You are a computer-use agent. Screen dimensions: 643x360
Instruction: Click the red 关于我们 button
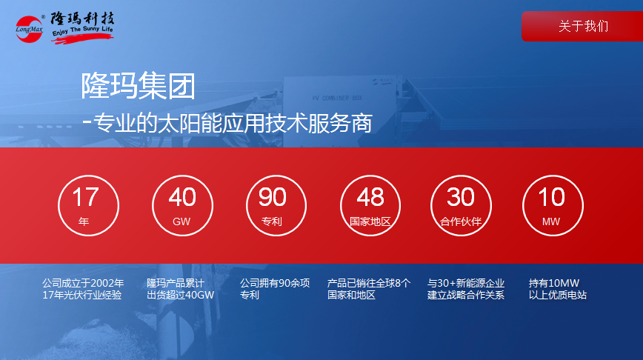[x=582, y=26]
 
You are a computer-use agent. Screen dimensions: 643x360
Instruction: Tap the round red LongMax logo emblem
[x=29, y=29]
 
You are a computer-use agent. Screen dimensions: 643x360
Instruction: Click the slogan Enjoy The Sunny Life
[x=82, y=30]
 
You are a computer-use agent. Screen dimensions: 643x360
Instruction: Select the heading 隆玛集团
[x=138, y=86]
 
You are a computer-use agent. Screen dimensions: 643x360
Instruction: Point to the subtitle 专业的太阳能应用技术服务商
[x=233, y=123]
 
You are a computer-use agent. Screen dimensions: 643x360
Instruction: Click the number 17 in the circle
[x=85, y=197]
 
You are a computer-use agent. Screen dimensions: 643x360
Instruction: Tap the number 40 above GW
[x=182, y=197]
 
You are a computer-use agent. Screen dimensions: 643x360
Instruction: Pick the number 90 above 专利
[x=273, y=197]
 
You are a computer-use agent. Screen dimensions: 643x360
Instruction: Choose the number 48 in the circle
[x=370, y=197]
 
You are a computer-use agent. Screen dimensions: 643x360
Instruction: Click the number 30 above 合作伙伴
[x=461, y=197]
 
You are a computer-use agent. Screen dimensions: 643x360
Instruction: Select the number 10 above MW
[x=552, y=197]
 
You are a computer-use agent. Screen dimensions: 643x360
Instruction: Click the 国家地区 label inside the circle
[x=370, y=221]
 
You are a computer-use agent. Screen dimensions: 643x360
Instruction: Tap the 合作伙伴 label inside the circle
[x=461, y=221]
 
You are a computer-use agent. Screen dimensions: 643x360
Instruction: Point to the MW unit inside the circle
[x=550, y=221]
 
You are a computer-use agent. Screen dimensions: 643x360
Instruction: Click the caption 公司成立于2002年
[x=83, y=283]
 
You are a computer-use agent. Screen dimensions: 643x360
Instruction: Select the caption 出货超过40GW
[x=181, y=295]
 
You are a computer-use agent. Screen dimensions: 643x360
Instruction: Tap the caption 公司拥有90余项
[x=275, y=283]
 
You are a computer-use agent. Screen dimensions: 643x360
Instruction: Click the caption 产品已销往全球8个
[x=369, y=283]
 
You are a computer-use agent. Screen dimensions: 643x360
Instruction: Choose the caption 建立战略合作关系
[x=466, y=295]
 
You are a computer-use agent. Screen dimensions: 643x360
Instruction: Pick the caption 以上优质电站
[x=558, y=295]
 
